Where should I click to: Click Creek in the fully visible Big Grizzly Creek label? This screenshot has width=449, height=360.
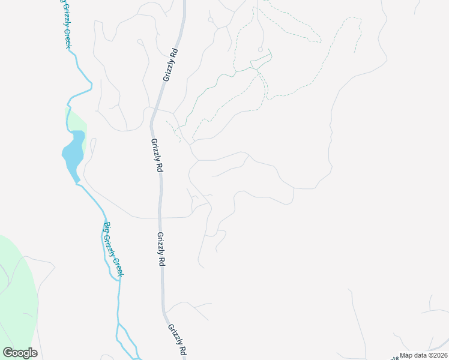coord(118,263)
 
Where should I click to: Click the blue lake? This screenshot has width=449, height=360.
coord(73,154)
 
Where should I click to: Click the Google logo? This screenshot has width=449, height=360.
coord(20,353)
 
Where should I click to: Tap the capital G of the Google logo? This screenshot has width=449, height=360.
coord(8,353)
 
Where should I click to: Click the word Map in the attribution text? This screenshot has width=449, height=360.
coord(406,355)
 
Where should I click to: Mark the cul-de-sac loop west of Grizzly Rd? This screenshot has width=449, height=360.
coord(139,41)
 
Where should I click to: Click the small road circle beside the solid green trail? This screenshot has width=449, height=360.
coord(260,49)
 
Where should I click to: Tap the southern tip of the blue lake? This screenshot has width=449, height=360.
coord(77,181)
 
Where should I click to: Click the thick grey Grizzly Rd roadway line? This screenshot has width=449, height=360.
coord(160,204)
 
